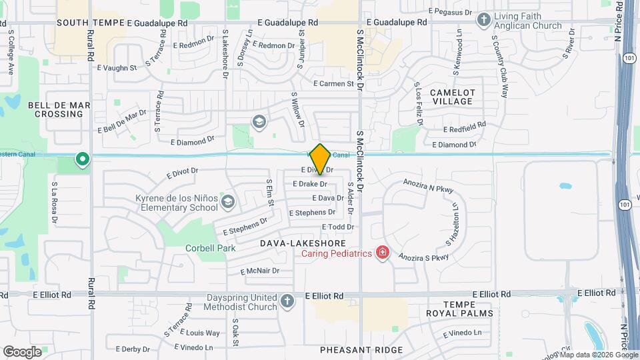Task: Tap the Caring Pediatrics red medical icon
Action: tap(383, 252)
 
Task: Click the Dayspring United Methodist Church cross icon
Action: tap(287, 301)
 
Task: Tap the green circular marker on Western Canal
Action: tap(83, 159)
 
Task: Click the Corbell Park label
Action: tap(210, 249)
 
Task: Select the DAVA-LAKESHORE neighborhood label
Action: tap(297, 245)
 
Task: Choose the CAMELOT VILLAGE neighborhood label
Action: tap(452, 97)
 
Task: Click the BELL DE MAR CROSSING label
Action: tap(55, 109)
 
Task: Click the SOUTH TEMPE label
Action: tap(91, 22)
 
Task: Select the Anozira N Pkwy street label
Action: tap(428, 185)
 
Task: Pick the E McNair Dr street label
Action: tap(263, 271)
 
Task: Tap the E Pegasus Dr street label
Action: tap(450, 12)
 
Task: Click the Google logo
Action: tap(22, 351)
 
